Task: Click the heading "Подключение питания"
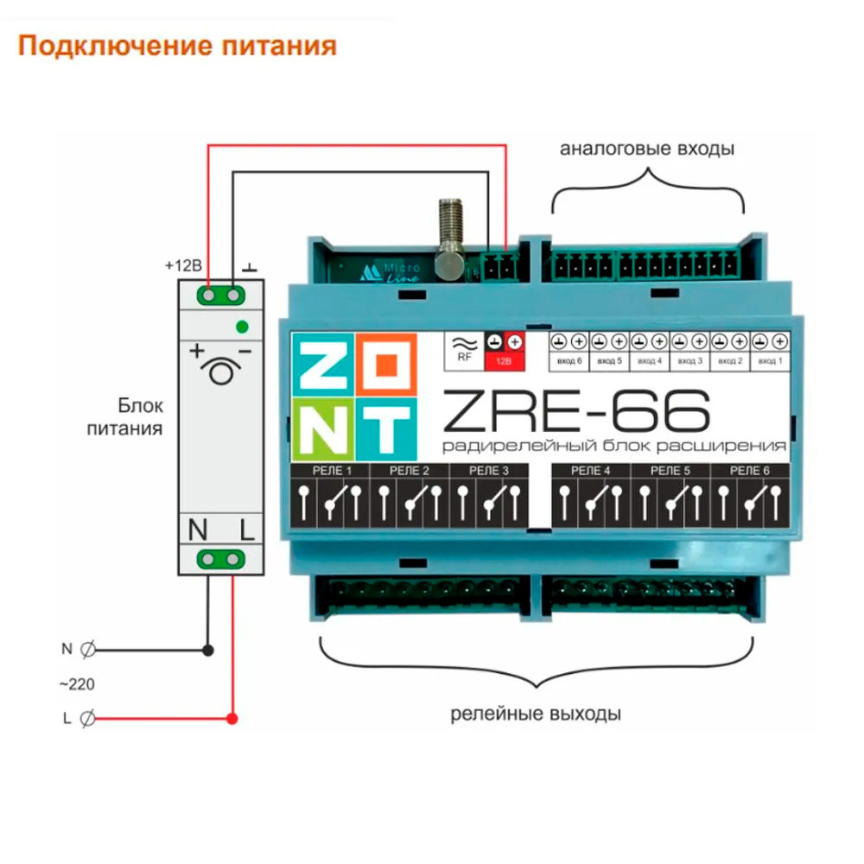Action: pyautogui.click(x=177, y=44)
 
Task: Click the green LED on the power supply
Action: pyautogui.click(x=242, y=327)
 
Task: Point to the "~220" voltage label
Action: pyautogui.click(x=77, y=684)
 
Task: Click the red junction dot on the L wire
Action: pyautogui.click(x=232, y=718)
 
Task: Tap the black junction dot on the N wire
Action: pyautogui.click(x=207, y=649)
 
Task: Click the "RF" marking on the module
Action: pyautogui.click(x=464, y=355)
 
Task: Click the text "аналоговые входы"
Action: pyautogui.click(x=647, y=149)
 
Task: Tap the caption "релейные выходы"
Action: pyautogui.click(x=536, y=715)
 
